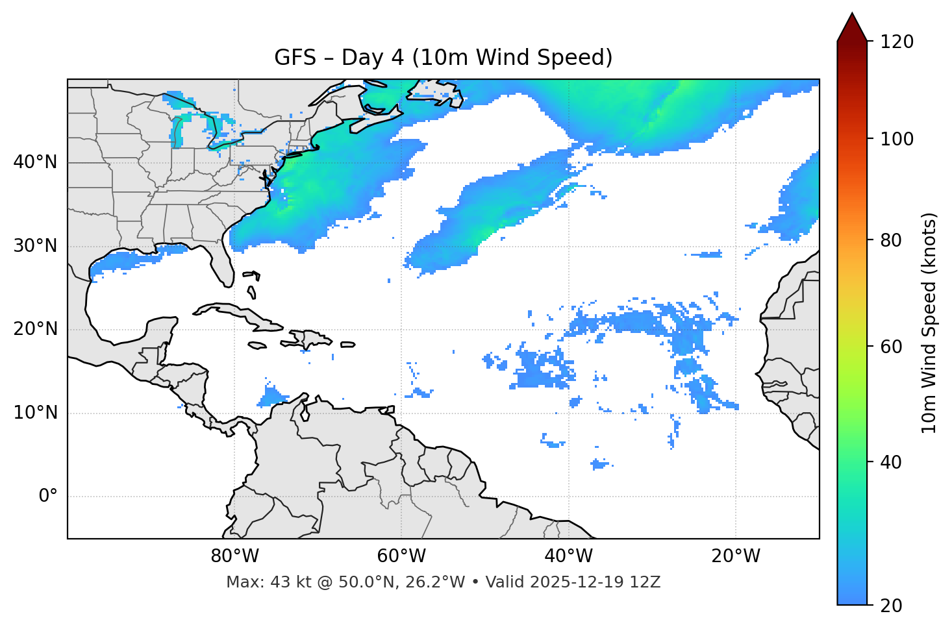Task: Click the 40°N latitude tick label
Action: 35,162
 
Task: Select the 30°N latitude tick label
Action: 35,245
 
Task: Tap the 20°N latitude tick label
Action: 35,329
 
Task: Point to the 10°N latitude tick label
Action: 35,413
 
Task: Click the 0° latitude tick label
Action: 48,497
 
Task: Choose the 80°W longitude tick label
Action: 234,556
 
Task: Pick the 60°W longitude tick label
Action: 401,556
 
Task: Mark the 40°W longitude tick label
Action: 569,556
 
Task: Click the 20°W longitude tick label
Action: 736,556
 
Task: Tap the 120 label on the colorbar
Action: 896,42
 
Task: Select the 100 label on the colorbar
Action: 896,139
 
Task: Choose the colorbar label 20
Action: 892,606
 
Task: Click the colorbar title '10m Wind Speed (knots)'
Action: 929,323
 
